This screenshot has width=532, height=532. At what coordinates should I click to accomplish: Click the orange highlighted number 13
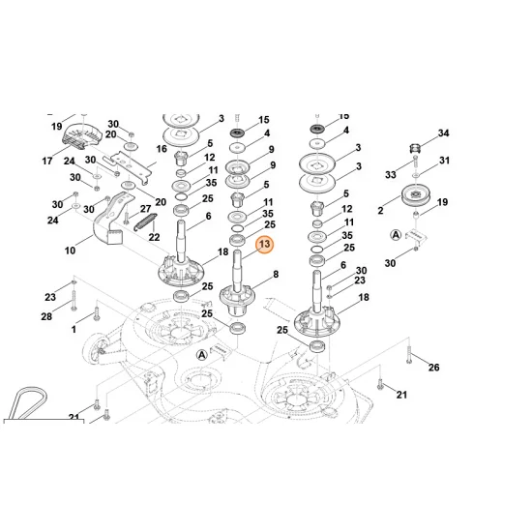tap(265, 247)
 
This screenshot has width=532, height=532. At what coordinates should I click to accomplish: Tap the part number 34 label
tap(444, 133)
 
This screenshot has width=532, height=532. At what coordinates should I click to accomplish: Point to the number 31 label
tap(444, 161)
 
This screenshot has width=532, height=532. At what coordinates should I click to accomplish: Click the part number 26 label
tap(433, 367)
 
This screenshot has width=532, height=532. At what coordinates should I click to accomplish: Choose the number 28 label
tap(46, 317)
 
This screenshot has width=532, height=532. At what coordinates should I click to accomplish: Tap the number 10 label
tap(70, 251)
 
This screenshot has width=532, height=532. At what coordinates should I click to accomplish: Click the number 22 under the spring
tap(153, 237)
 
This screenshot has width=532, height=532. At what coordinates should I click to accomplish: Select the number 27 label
tap(145, 209)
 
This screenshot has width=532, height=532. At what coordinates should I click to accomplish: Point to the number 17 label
tap(45, 161)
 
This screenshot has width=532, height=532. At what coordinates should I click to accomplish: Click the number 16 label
tap(162, 149)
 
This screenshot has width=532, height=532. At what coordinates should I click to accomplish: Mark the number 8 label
tap(276, 275)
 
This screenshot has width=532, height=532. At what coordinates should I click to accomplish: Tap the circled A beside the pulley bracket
tap(395, 235)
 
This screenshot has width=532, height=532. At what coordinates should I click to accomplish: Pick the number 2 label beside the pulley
tap(381, 209)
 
